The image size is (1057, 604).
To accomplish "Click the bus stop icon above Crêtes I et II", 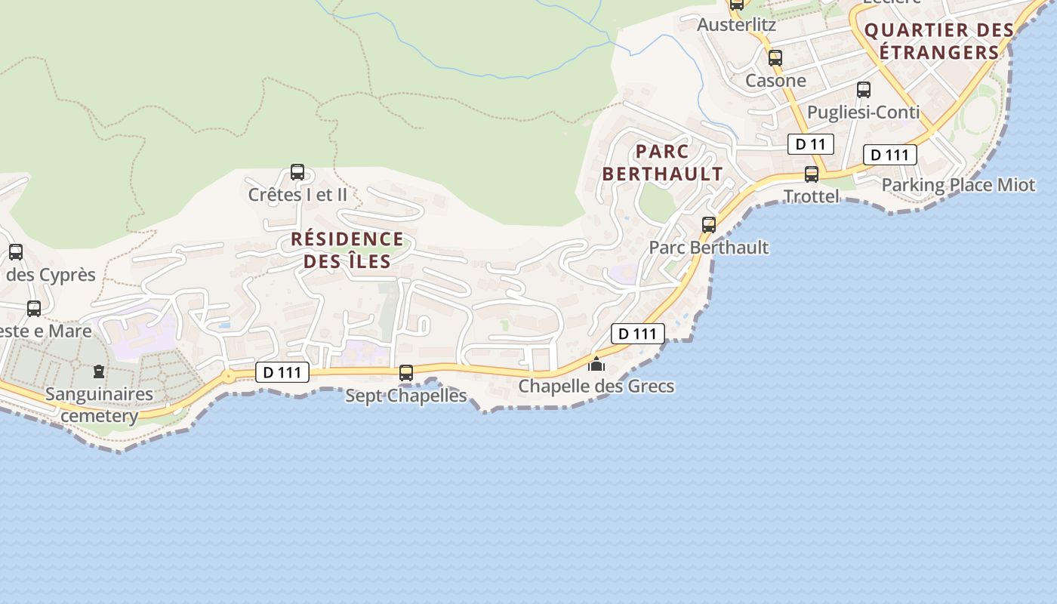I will coord(297,172).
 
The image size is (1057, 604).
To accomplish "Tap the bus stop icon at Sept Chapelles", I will coord(406,372).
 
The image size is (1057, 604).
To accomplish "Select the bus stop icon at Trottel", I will coord(812,174).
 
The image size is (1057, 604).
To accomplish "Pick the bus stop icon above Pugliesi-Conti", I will coord(864,90).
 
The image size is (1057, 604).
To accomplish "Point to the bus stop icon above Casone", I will coord(775,58).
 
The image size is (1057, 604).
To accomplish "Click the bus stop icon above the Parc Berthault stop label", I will coord(709,224).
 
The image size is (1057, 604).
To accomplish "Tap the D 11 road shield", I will coord(811,144).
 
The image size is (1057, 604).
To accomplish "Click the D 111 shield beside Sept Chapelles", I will coord(282,372).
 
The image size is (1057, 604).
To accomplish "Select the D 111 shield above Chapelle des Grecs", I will coord(637,334).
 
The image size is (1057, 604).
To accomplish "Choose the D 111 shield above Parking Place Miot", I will coord(889,155).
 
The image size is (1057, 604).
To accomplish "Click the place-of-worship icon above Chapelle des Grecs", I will coord(596,365).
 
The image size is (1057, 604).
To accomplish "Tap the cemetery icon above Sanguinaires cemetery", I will coord(99,371).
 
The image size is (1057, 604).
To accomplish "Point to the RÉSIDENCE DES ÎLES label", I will coord(347,251).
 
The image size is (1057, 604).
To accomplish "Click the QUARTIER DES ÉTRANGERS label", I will coord(938,42).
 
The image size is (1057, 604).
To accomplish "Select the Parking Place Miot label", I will coord(958,185).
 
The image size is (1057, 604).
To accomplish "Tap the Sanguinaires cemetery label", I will coord(99,405).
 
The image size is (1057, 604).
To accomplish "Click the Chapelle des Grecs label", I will coord(596,387).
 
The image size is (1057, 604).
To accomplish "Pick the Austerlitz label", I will coord(736,24).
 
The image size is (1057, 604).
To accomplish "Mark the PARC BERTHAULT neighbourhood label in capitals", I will coord(662,162).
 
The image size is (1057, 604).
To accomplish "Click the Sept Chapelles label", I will coord(406,395).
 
